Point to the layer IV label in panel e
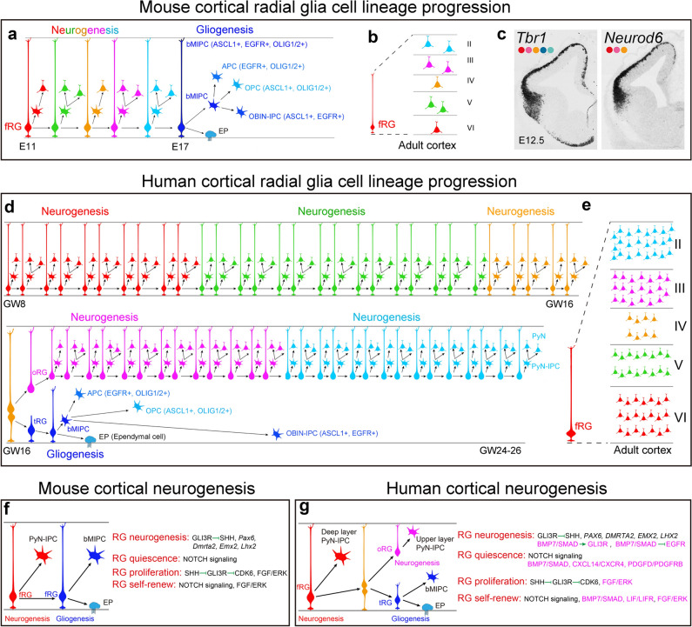coord(667,331)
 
